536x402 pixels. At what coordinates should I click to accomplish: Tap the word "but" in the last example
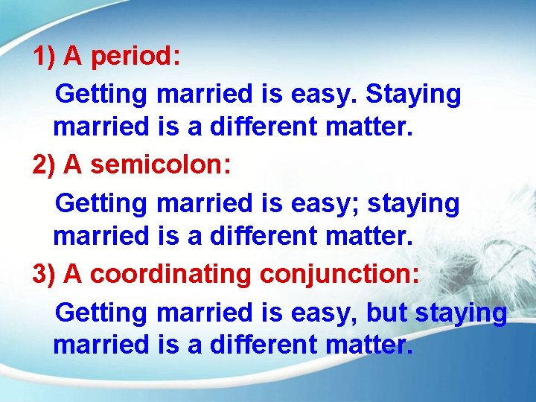[x=386, y=313]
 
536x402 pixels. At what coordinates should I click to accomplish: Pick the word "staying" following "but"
[x=461, y=313]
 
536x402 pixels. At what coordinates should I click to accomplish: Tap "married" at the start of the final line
[x=101, y=345]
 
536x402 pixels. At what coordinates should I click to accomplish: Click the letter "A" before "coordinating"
[x=73, y=274]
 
